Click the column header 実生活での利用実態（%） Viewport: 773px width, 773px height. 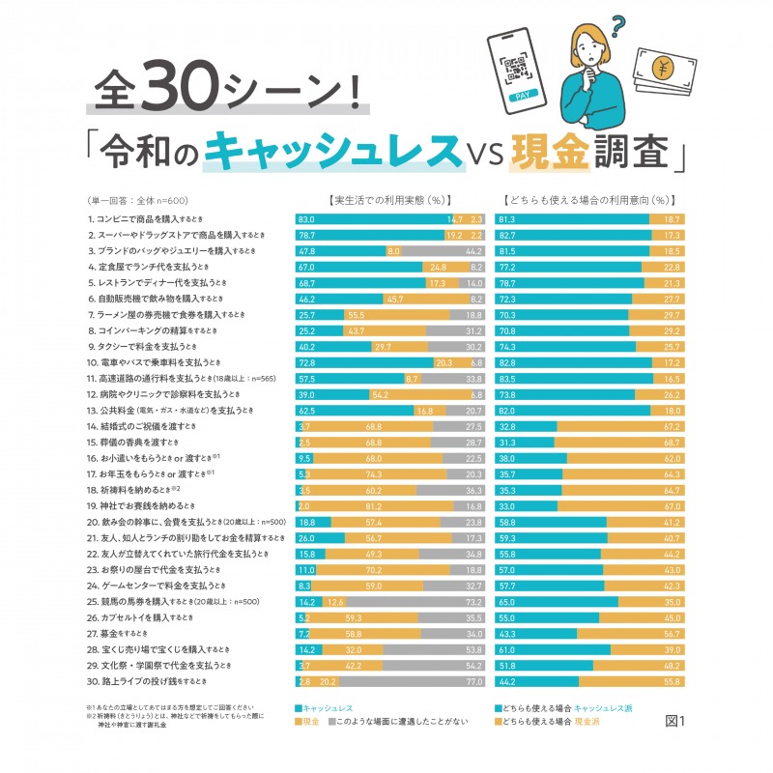tap(386, 201)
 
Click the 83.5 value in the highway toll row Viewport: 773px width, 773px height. tap(506, 378)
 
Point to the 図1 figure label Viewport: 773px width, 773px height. tap(674, 721)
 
